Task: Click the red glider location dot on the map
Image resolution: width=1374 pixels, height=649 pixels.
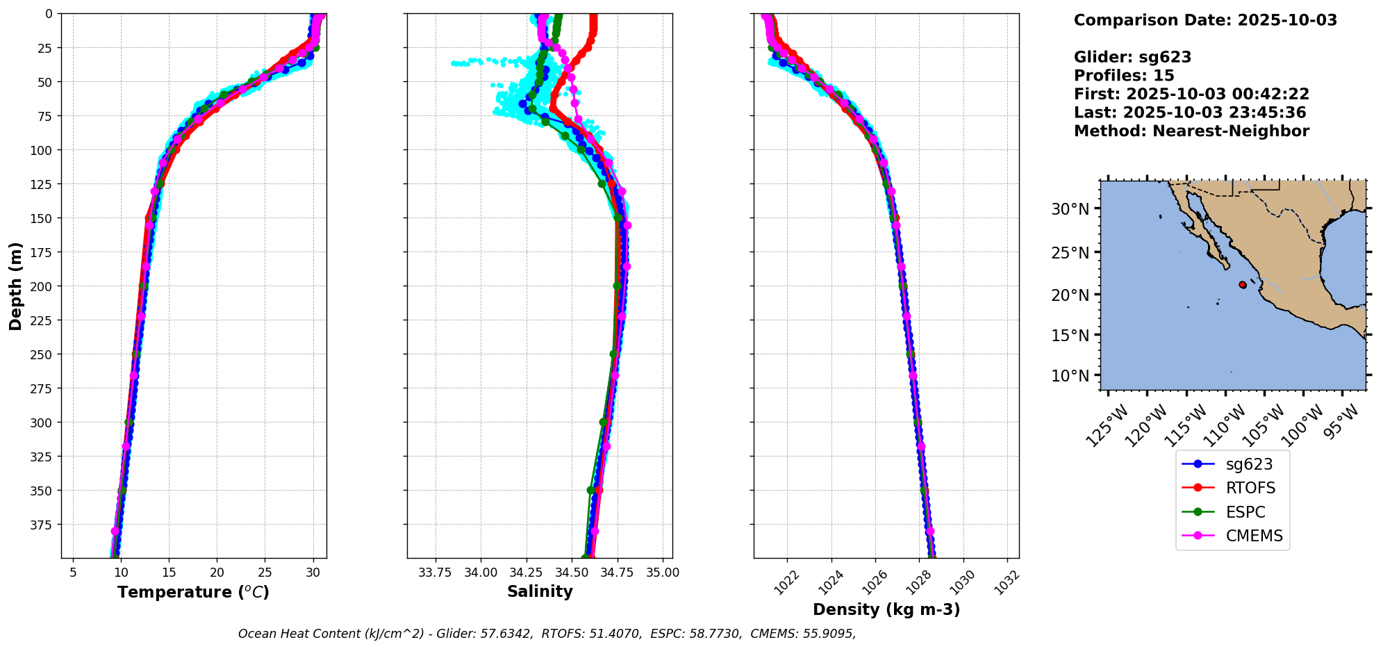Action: (x=1243, y=284)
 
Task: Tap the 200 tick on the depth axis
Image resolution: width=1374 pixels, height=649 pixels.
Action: (x=43, y=286)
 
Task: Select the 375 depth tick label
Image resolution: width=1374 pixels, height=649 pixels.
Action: (x=43, y=525)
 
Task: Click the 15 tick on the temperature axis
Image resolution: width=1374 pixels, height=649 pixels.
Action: (x=169, y=573)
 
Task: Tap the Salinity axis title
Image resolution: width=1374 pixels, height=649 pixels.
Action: (x=540, y=592)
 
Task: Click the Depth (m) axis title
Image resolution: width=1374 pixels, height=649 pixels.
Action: (x=15, y=286)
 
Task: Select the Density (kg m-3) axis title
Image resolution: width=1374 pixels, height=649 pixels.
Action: (x=886, y=610)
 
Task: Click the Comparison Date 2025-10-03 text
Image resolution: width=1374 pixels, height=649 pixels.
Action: (x=1205, y=20)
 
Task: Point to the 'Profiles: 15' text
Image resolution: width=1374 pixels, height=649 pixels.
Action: (x=1124, y=76)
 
